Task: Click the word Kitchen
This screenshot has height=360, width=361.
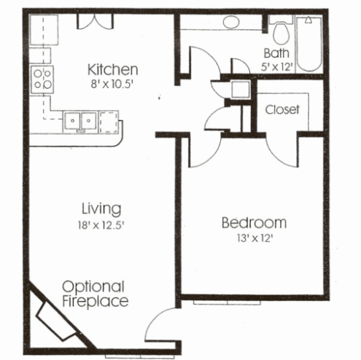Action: [x=112, y=70]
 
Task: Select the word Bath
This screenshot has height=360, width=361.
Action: [x=277, y=52]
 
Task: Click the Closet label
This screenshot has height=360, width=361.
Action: [x=282, y=110]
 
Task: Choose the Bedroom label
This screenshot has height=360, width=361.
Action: [x=253, y=222]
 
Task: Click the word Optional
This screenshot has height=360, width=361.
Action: [x=93, y=286]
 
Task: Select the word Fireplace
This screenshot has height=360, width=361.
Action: [x=95, y=300]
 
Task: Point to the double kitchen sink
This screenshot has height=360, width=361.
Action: [x=81, y=120]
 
